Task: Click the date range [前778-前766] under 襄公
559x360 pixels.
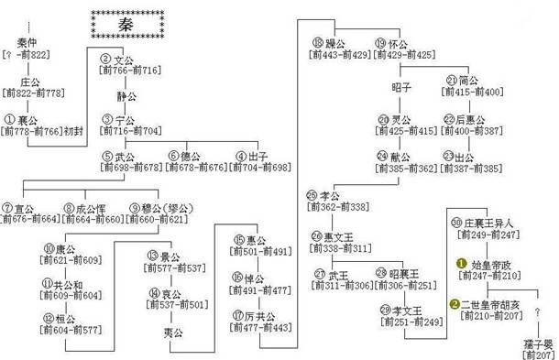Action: (x=30, y=132)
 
